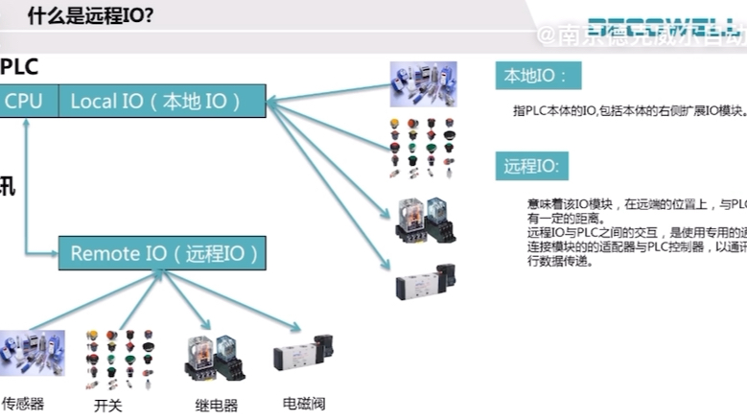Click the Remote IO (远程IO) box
point(163,254)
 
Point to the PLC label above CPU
point(19,68)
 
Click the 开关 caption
point(107,405)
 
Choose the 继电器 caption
point(217,405)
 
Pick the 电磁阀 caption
point(304,403)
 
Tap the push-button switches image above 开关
point(119,360)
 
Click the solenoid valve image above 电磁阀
point(304,362)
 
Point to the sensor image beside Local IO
point(423,84)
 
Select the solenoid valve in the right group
point(425,282)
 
